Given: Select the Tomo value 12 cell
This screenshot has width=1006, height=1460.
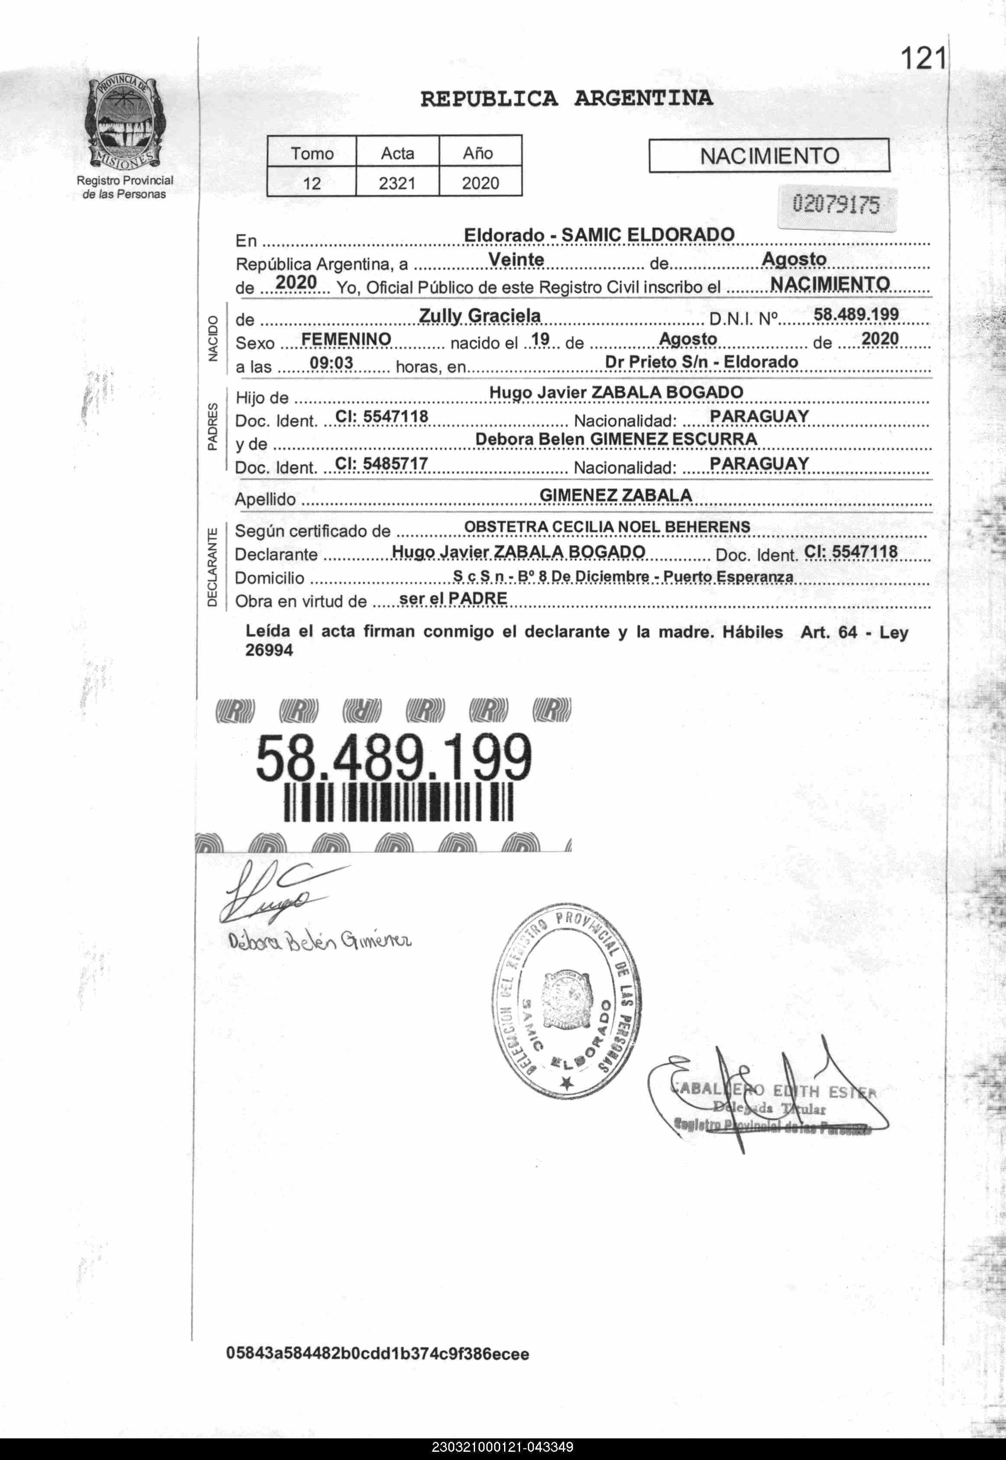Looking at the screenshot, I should (x=312, y=183).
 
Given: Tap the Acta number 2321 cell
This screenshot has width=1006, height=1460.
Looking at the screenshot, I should (x=397, y=183).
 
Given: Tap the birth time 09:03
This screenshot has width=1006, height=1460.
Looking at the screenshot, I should (x=331, y=364).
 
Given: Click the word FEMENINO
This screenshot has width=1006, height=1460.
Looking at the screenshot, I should (x=346, y=339).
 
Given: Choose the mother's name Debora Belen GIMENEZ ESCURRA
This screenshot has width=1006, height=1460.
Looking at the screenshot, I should (x=616, y=439).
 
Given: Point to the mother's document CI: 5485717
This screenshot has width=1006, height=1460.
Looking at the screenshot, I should (x=381, y=464).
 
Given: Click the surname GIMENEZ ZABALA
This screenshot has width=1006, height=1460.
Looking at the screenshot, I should (x=615, y=495).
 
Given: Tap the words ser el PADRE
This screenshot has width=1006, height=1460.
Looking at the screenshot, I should (x=453, y=598).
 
